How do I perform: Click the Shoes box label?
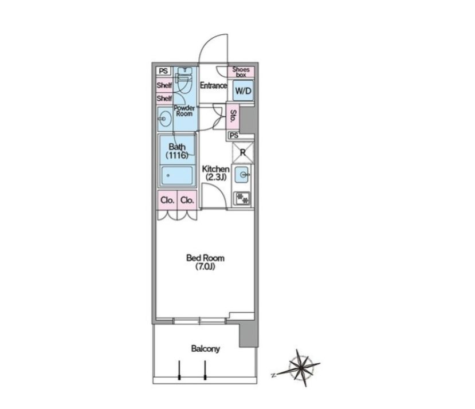(x=241, y=72)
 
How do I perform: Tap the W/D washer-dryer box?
(x=244, y=91)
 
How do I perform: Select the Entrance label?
(x=213, y=85)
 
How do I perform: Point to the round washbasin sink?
(x=164, y=119)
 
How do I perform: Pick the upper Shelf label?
(x=164, y=85)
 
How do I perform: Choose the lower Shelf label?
(x=164, y=98)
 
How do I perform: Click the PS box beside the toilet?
(x=163, y=71)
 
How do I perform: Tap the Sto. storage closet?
(x=233, y=116)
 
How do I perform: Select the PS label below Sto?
(x=234, y=135)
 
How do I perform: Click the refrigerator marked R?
(x=242, y=153)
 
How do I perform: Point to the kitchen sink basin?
(x=242, y=175)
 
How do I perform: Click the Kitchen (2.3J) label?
(x=215, y=173)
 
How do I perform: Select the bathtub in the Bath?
(x=177, y=175)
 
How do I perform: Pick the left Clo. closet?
(x=167, y=200)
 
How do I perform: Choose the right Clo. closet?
(x=187, y=200)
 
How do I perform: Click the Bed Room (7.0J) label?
(x=205, y=262)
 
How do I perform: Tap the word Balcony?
(x=205, y=349)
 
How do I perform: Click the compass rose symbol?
(x=300, y=368)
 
